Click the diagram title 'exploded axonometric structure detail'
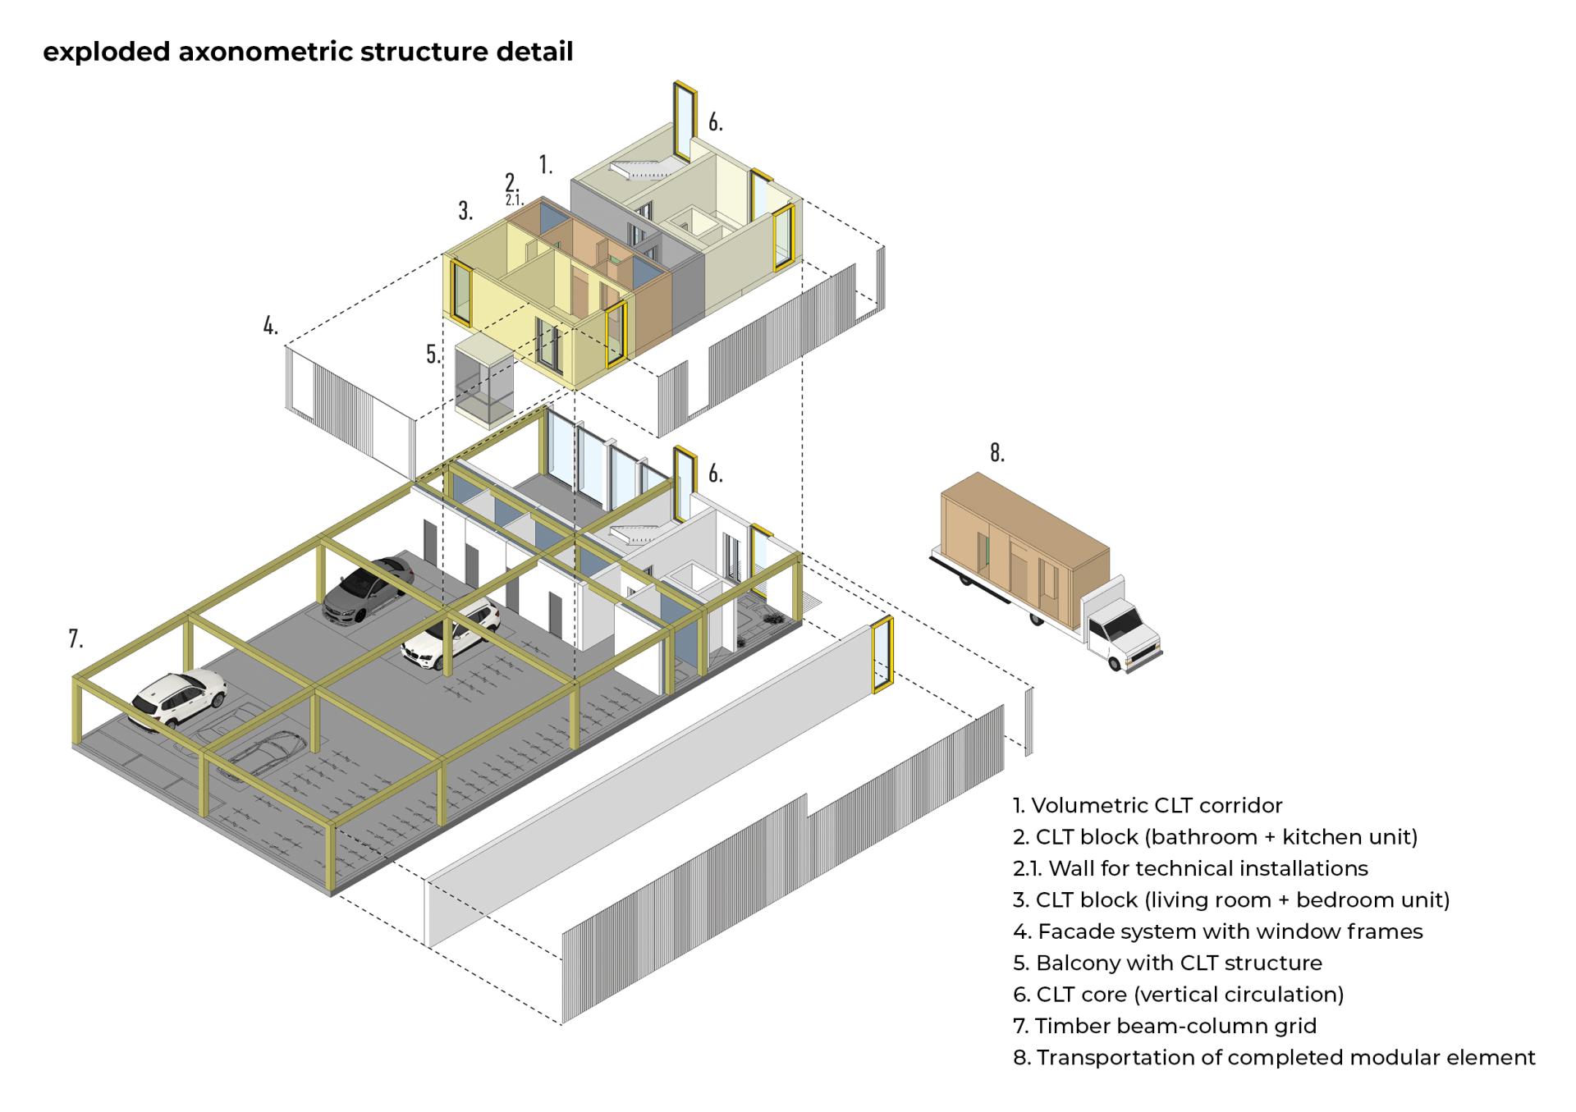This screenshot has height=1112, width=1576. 308,52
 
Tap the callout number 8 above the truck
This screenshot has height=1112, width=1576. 996,453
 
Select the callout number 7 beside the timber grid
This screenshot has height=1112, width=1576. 76,638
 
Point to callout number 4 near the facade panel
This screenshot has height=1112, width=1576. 270,326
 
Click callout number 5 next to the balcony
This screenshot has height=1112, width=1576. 433,355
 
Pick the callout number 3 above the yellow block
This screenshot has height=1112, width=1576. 465,211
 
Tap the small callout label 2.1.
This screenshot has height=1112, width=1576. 514,199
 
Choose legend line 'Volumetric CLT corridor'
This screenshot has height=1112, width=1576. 1148,806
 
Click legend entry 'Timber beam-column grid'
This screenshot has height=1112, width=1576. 1165,1026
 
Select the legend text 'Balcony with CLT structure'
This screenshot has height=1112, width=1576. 1167,963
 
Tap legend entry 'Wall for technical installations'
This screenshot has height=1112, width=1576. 1190,868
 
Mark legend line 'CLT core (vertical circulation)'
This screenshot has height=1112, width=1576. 1178,995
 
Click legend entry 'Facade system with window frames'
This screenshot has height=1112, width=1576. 1217,931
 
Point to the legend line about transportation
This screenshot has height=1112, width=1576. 1274,1058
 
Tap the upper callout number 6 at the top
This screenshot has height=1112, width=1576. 716,123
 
